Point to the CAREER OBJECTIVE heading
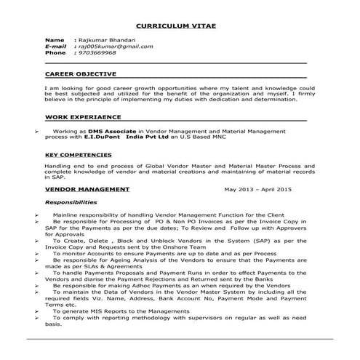80,74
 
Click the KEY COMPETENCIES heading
79,155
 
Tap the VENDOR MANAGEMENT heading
87,189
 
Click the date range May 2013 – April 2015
257,189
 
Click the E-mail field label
57,46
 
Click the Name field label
55,39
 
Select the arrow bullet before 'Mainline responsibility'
36,217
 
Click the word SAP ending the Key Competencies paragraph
49,177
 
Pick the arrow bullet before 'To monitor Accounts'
36,253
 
